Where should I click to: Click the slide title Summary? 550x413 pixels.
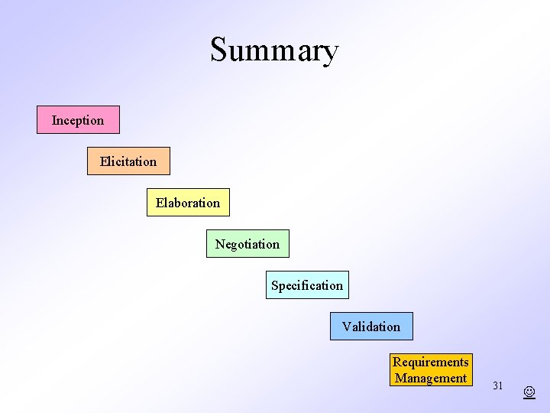click(x=274, y=50)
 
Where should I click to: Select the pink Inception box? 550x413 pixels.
click(x=78, y=120)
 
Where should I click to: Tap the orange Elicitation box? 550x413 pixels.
click(x=128, y=161)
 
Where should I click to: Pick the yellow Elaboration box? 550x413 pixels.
click(x=188, y=203)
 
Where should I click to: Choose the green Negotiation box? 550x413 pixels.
click(x=247, y=244)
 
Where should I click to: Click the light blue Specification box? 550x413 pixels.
click(x=307, y=285)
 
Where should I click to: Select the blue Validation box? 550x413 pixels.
click(x=371, y=327)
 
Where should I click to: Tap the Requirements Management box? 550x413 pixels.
click(x=431, y=370)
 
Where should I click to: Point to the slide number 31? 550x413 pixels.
click(x=497, y=385)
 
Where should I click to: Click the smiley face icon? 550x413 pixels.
click(x=529, y=392)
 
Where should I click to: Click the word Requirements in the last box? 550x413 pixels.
click(x=431, y=362)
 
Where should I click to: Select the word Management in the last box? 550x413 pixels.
click(x=431, y=378)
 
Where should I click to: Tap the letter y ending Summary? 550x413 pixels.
click(x=330, y=54)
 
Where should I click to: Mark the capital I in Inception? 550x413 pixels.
click(x=54, y=120)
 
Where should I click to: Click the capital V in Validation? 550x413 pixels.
click(x=346, y=327)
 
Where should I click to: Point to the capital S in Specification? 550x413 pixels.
click(x=275, y=285)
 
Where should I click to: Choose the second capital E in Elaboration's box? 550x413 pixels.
click(x=160, y=203)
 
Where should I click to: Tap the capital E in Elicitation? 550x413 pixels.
click(x=103, y=161)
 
